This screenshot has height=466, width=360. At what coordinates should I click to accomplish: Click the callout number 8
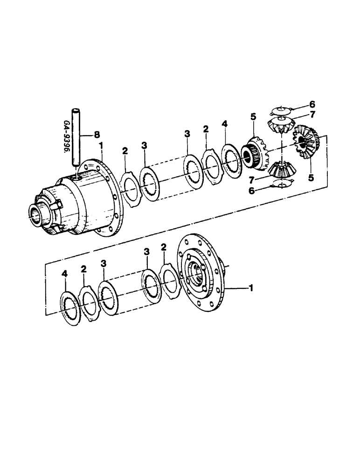point(97,135)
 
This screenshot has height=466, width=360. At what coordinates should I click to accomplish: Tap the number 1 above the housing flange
point(102,146)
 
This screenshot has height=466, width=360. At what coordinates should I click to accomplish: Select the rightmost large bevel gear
point(305,142)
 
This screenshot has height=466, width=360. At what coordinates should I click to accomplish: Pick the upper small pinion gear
point(279,124)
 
